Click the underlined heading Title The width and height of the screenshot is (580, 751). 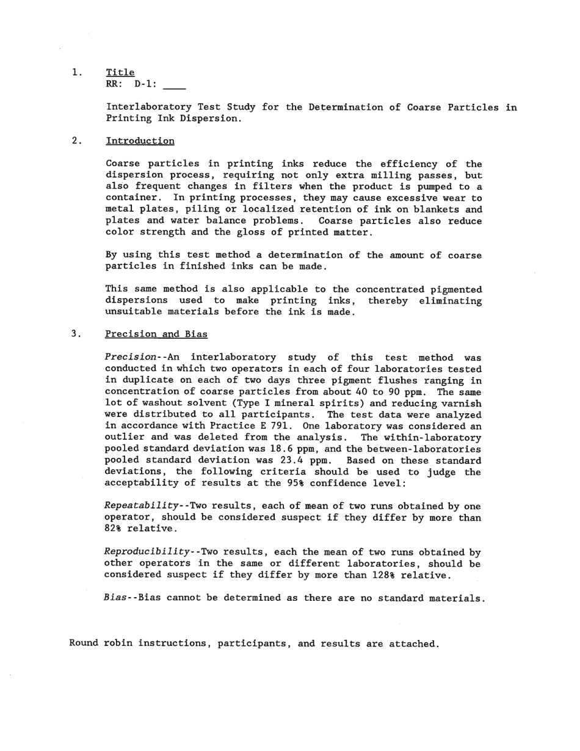(x=120, y=73)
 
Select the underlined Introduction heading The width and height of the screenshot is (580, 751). (x=140, y=141)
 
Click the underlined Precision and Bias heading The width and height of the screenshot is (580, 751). (x=156, y=334)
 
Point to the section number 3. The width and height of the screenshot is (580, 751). (x=76, y=334)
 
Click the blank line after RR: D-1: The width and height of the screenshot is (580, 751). (x=175, y=85)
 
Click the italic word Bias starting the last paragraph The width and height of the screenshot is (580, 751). (x=114, y=598)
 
